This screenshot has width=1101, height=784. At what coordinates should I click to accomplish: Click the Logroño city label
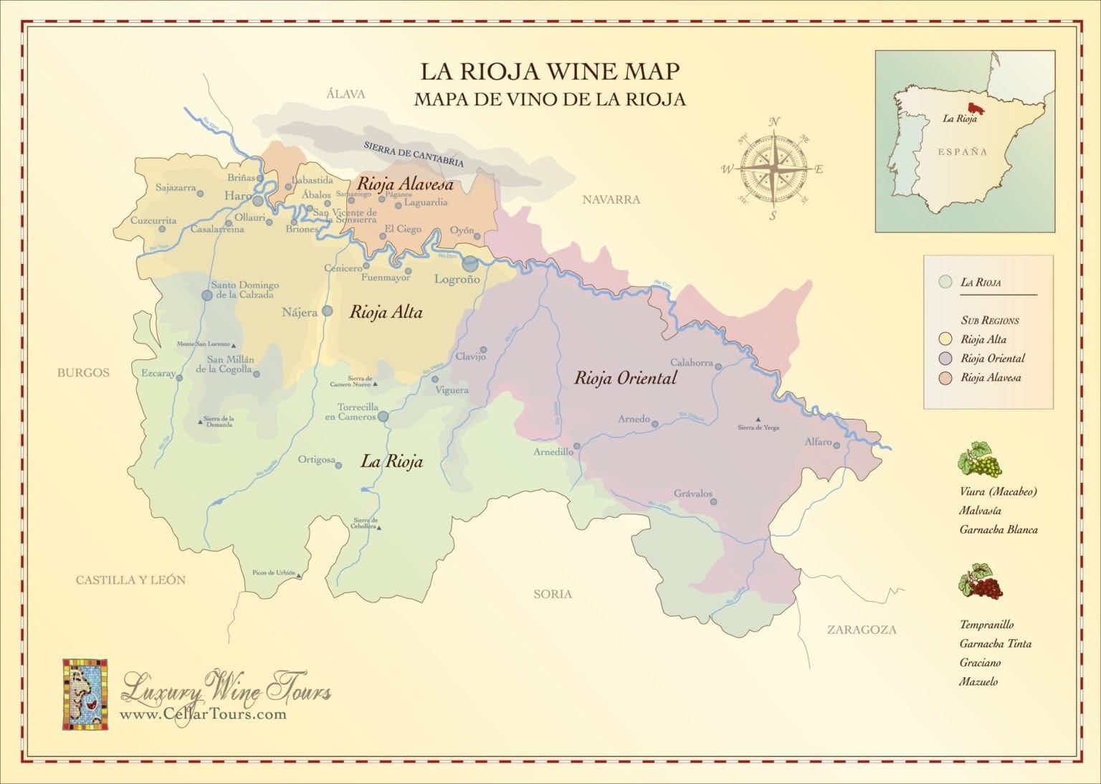click(x=457, y=280)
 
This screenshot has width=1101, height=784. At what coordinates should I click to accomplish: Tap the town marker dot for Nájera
click(x=328, y=311)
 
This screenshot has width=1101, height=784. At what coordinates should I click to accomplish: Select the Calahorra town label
click(x=691, y=362)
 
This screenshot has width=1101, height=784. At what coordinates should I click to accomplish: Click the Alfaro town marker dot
click(x=837, y=444)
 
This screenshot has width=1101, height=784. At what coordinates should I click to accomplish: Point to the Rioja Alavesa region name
click(x=405, y=185)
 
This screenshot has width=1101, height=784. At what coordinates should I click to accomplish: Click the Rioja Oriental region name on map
click(x=625, y=378)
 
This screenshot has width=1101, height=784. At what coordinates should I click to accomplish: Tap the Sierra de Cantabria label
click(x=414, y=154)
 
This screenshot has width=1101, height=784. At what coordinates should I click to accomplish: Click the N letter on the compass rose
click(x=774, y=122)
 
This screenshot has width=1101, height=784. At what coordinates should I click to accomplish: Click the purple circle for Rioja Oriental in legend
click(x=945, y=359)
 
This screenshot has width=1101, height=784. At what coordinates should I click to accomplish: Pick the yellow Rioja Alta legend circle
click(x=945, y=339)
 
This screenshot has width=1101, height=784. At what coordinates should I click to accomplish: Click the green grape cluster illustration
click(x=980, y=460)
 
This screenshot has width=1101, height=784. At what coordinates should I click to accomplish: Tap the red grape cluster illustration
click(x=981, y=582)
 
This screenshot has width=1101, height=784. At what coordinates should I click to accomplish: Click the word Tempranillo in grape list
click(x=986, y=625)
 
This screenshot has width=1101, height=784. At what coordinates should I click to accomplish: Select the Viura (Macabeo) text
click(x=998, y=492)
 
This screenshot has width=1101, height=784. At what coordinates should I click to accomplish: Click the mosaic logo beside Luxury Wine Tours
click(x=85, y=694)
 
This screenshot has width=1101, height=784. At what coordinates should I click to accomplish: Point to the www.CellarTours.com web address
click(x=203, y=714)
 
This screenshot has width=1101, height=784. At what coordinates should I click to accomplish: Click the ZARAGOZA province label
click(x=862, y=630)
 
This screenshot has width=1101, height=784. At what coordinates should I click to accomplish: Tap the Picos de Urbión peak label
click(x=274, y=572)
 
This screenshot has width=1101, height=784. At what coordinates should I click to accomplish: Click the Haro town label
click(x=237, y=196)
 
